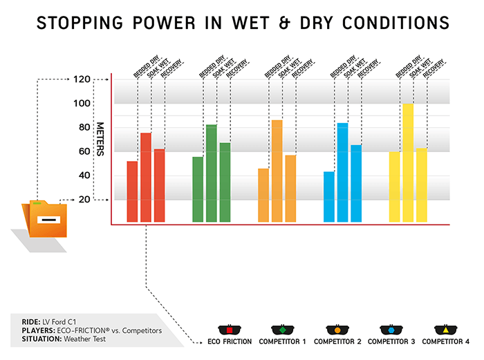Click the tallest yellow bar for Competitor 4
tap(408, 162)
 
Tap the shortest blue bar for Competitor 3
tap(328, 197)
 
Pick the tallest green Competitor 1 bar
tap(211, 173)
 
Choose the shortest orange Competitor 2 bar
tap(263, 195)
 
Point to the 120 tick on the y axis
tap(82, 79)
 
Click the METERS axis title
tap(100, 139)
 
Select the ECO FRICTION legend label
tap(229, 342)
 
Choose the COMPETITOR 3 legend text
tap(391, 342)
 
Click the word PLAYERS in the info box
tap(30, 330)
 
